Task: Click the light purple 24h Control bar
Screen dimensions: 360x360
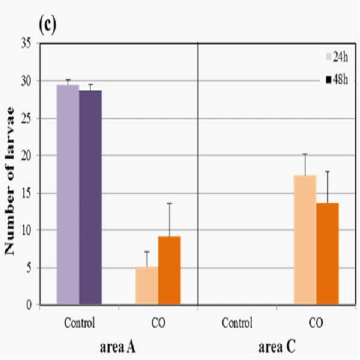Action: click(x=68, y=195)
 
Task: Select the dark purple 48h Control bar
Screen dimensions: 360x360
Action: click(x=90, y=198)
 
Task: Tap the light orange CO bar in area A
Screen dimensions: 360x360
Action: click(x=147, y=286)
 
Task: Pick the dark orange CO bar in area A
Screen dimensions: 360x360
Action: click(x=170, y=271)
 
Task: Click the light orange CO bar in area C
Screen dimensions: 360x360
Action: click(x=305, y=240)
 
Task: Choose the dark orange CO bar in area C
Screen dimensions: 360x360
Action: click(x=328, y=254)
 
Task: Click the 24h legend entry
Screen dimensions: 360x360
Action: click(x=337, y=57)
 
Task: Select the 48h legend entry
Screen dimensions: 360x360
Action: click(x=337, y=80)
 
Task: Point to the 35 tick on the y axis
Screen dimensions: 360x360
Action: click(x=26, y=43)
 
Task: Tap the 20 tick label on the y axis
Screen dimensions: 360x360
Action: click(x=26, y=156)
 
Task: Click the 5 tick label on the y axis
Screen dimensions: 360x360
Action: click(x=29, y=268)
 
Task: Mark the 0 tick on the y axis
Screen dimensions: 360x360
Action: click(x=29, y=305)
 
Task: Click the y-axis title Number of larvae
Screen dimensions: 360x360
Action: click(x=9, y=181)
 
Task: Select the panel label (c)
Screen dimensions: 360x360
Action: click(x=47, y=25)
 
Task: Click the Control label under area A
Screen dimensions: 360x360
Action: click(x=80, y=323)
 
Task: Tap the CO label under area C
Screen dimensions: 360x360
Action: click(x=316, y=323)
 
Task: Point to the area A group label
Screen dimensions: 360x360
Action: click(x=117, y=347)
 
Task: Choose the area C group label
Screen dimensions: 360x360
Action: click(x=277, y=347)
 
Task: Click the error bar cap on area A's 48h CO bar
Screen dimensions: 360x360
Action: click(x=170, y=204)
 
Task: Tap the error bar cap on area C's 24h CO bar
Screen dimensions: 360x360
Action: click(x=305, y=154)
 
